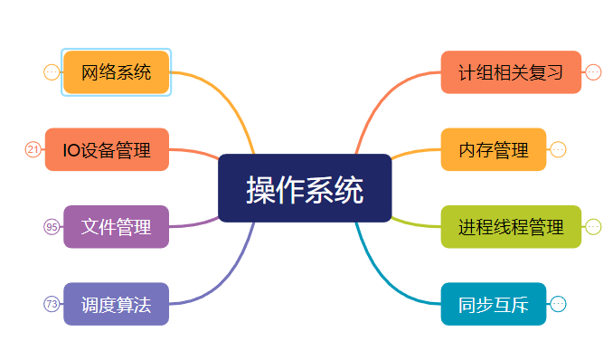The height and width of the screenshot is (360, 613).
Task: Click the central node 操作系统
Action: (x=305, y=188)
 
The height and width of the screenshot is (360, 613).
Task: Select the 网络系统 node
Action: (x=117, y=72)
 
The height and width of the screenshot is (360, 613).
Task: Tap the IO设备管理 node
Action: (x=107, y=149)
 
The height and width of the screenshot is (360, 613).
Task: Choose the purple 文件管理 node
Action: (x=117, y=226)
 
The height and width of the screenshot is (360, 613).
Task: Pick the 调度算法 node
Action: (x=117, y=304)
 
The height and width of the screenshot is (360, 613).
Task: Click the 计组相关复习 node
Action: (x=510, y=72)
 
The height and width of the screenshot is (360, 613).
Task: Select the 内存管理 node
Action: (x=493, y=149)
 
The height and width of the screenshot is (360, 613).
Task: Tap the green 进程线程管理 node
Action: (x=510, y=226)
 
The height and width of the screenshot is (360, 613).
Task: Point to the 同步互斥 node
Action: (x=493, y=304)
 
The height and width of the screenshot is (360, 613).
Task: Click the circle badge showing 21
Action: (x=33, y=149)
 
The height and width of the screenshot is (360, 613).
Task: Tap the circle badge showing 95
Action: (x=52, y=226)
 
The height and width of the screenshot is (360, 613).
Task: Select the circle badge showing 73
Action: (x=52, y=304)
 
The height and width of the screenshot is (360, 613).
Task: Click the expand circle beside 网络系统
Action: (x=52, y=72)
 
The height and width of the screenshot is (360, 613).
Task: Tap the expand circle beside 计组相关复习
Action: (x=593, y=72)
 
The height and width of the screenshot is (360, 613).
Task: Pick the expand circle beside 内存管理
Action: (x=558, y=149)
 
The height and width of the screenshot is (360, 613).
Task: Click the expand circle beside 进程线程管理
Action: (x=593, y=226)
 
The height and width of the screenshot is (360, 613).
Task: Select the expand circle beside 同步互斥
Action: (x=558, y=304)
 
